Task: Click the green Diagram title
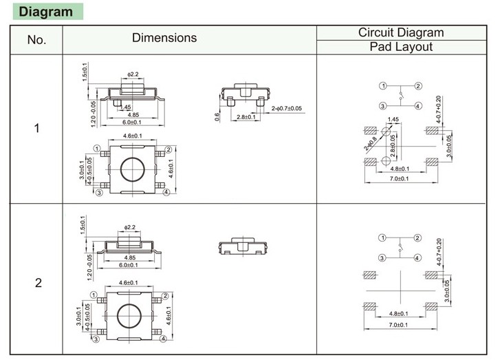(x=45, y=12)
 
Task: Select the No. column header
(x=36, y=40)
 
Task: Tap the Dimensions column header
(x=164, y=38)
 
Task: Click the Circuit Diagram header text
(x=401, y=32)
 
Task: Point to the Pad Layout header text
(x=401, y=47)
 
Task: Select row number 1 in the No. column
(x=37, y=129)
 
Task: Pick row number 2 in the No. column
(x=38, y=283)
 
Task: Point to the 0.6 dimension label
(x=217, y=118)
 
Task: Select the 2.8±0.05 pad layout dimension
(x=393, y=148)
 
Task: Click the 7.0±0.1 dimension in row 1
(x=400, y=179)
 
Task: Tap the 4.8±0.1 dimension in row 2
(x=400, y=314)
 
